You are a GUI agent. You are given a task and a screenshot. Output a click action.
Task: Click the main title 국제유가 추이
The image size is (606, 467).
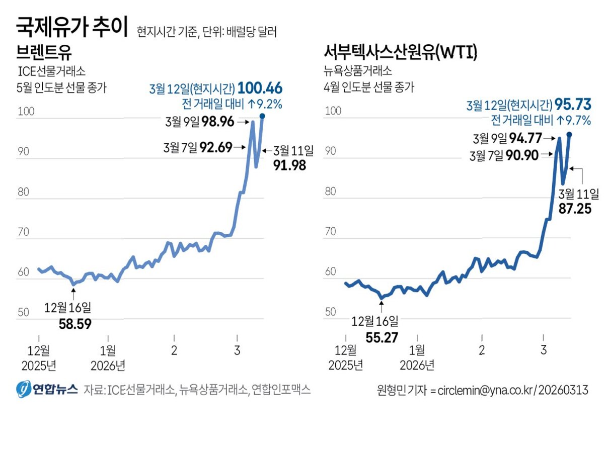coord(71,27)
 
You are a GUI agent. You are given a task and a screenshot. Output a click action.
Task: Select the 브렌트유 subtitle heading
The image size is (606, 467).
coord(44,52)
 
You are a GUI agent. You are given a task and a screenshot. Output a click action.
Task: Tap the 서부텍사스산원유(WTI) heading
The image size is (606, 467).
coord(401,52)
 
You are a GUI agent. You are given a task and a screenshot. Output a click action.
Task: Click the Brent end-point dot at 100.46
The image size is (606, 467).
coord(262,116)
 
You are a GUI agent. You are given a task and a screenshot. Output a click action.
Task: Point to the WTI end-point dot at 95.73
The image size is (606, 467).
coord(569,135)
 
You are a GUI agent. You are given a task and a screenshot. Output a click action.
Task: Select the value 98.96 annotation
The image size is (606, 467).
coord(218,122)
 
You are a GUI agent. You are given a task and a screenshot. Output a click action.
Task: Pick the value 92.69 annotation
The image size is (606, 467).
coord(216,147)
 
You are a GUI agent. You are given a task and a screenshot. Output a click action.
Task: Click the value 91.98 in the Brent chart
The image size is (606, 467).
coord(289,165)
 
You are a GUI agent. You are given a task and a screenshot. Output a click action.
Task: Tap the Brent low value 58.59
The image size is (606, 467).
coord(75,324)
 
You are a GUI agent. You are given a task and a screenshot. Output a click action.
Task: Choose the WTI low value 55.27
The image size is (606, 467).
coord(382,338)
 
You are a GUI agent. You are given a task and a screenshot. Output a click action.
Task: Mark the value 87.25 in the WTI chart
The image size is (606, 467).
coord(575,209)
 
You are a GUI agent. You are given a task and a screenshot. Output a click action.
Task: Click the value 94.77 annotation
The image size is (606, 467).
coord(525,138)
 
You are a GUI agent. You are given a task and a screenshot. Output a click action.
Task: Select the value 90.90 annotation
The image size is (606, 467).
coord(522,155)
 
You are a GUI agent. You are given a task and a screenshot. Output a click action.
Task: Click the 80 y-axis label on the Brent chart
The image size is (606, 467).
coord(23,192)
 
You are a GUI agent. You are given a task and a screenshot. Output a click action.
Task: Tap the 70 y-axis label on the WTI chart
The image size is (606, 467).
coord(331,231)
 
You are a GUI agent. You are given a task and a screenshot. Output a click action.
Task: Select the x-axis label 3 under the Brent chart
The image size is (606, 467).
coord(237,350)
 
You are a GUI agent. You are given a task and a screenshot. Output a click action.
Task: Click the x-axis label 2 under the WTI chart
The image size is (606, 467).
coord(482,350)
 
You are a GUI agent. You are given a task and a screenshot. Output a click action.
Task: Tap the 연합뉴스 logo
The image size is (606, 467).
coord(47,389)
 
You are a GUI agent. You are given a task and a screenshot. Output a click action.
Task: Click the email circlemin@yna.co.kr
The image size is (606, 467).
coord(485,390)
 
